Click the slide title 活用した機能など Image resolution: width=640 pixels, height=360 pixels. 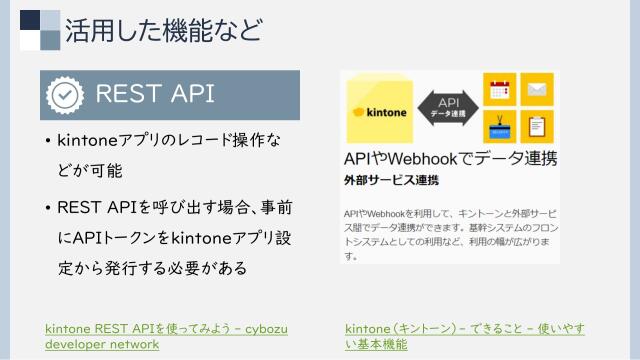click(164, 30)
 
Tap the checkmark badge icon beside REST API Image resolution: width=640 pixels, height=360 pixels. click(64, 95)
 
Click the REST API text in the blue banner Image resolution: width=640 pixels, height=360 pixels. click(154, 95)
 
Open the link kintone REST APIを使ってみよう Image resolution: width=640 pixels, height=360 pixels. click(165, 328)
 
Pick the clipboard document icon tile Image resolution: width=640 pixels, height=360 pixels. click(537, 127)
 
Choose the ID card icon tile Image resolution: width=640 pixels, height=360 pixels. click(497, 127)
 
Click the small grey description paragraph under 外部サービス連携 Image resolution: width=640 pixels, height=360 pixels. click(449, 234)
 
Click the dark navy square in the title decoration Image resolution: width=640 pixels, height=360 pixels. click(30, 19)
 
